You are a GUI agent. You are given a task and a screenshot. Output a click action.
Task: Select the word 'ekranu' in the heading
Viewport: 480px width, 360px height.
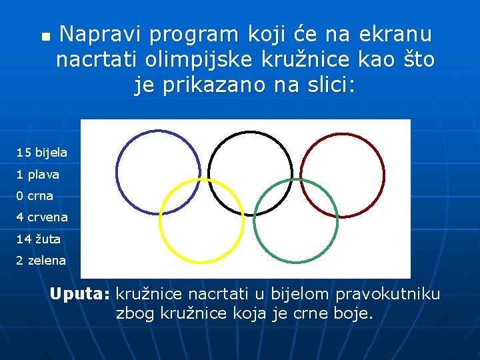tap(395, 34)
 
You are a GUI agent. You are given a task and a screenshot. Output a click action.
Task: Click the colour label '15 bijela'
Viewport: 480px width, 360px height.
tap(42, 153)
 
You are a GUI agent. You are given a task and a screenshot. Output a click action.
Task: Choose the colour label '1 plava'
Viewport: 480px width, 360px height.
tap(38, 175)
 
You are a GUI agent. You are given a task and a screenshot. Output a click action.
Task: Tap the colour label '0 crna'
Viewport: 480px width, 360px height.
tap(35, 196)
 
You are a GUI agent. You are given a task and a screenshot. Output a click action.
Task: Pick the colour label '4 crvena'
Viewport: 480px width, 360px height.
tap(42, 217)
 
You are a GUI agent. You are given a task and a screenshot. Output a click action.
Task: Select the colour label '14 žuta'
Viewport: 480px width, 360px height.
tap(39, 239)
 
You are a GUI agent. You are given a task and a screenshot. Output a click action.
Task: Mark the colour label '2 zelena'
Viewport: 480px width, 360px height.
tap(41, 261)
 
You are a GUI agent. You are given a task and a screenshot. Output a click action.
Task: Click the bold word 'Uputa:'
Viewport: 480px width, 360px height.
tap(80, 294)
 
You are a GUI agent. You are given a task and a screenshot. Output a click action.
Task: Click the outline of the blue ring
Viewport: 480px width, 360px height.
tap(117, 173)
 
